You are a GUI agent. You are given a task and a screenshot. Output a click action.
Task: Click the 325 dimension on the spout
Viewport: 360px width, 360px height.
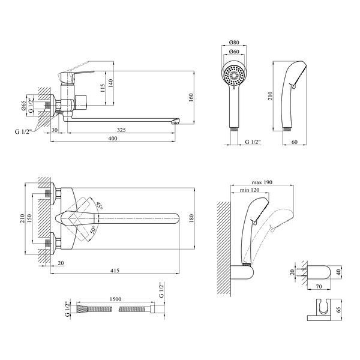tap(121, 130)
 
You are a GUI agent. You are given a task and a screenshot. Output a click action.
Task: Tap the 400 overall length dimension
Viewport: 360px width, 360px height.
tap(113, 139)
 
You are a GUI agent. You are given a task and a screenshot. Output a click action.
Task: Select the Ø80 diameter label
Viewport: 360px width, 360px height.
tap(234, 42)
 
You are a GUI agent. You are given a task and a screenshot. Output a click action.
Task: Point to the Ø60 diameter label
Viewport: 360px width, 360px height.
tap(234, 52)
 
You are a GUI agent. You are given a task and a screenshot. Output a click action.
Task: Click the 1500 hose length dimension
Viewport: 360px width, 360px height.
tap(115, 299)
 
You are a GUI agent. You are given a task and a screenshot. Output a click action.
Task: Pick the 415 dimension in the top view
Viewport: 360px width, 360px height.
tap(115, 271)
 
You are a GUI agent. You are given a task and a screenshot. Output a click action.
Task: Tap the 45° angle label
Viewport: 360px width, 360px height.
tap(100, 205)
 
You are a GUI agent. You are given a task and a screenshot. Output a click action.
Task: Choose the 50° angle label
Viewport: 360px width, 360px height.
tap(93, 230)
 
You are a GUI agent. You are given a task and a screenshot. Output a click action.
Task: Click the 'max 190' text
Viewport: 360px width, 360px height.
tap(262, 182)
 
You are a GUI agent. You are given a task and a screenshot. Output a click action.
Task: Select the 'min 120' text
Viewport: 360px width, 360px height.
tap(250, 190)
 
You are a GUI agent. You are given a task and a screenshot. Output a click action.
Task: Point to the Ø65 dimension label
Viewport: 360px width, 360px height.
tap(23, 105)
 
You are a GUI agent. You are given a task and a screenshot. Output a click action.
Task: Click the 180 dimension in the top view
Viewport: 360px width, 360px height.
tap(191, 218)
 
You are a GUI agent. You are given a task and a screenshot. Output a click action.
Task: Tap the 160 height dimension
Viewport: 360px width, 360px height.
tap(191, 97)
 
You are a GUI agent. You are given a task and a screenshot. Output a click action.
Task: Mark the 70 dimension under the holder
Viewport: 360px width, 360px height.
tap(319, 286)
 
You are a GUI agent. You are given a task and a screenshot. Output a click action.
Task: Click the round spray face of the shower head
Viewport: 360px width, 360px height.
tap(234, 75)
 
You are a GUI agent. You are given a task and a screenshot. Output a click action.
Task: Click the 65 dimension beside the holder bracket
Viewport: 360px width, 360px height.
tap(338, 310)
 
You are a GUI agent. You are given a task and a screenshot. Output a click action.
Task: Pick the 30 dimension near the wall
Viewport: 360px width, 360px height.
tap(55, 130)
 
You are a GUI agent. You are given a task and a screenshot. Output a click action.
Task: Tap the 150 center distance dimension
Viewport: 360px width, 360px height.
tap(29, 218)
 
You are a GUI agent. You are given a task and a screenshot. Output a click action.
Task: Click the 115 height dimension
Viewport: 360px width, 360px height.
tap(103, 88)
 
